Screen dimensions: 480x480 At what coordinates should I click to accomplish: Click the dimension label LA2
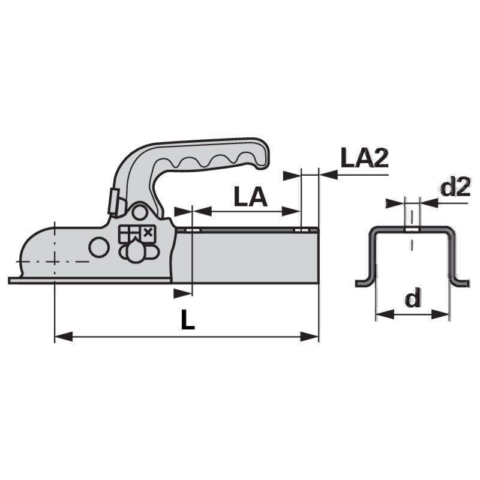[x=364, y=158]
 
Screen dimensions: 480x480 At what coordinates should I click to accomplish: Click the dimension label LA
[x=250, y=197]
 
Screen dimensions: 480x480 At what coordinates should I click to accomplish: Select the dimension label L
[x=188, y=320]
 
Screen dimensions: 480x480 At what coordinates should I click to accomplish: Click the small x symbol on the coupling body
[x=148, y=233]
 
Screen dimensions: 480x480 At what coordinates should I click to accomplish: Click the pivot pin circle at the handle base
[x=140, y=213]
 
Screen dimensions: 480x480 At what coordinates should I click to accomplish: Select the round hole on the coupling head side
[x=99, y=247]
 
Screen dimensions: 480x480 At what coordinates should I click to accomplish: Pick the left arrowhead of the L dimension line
[x=64, y=337]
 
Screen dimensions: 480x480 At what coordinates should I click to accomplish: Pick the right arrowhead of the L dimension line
[x=310, y=337]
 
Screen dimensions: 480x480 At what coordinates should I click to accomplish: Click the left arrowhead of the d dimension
[x=385, y=314]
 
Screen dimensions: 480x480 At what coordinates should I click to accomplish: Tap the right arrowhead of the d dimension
[x=440, y=314]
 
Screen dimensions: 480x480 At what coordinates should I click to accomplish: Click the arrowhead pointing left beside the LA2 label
[x=328, y=175]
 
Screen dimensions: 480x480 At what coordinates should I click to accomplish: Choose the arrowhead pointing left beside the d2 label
[x=429, y=203]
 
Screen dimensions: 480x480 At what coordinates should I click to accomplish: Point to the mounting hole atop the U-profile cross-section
[x=412, y=229]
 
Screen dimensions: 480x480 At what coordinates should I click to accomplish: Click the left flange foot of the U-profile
[x=365, y=283]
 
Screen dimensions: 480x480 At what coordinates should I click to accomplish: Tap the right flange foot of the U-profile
[x=459, y=283]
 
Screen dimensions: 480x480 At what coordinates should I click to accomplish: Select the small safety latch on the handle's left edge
[x=114, y=201]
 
